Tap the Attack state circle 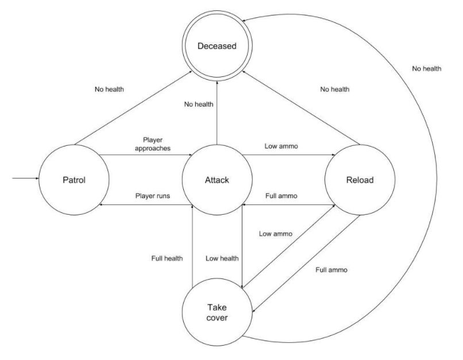[217, 179]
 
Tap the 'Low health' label [222, 258]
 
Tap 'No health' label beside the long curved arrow [426, 69]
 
